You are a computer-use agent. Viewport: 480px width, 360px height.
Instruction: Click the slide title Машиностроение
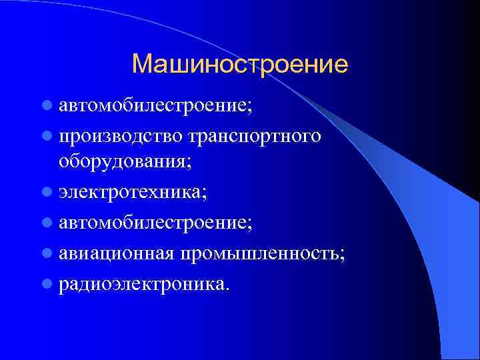point(240,64)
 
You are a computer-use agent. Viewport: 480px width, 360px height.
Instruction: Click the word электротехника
point(129,193)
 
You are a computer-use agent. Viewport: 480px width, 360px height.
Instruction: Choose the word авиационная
point(116,254)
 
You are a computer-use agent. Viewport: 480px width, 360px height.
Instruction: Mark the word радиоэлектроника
point(142,285)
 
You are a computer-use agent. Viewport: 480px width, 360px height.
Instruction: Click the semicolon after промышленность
point(343,256)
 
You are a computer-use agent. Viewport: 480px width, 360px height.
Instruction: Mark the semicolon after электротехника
point(204,195)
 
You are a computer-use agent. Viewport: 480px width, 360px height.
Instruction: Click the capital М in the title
point(143,64)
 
